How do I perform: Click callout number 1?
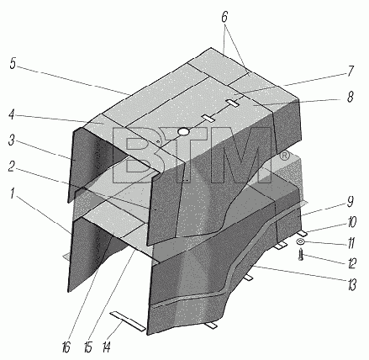[x=12, y=193]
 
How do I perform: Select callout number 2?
[x=11, y=167]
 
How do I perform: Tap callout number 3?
[x=11, y=140]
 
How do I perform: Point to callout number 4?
[x=11, y=114]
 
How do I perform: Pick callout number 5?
[x=13, y=64]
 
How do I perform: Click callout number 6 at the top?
[x=224, y=18]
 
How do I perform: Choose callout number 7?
[x=351, y=71]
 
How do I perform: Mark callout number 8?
[x=350, y=97]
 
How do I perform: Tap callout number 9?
[x=351, y=202]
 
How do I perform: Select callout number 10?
[x=351, y=222]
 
